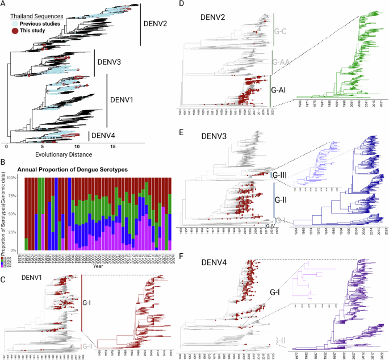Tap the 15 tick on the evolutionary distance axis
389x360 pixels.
[114, 145]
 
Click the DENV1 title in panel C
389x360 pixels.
[32, 277]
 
